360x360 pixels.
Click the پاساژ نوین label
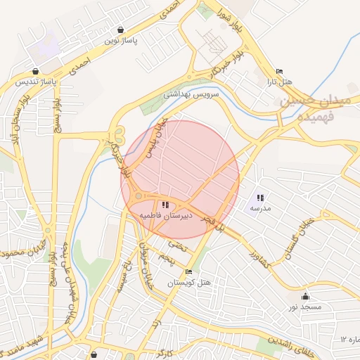tap(121, 41)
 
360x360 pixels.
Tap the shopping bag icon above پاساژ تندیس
tap(36, 71)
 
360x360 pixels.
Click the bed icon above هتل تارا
tap(279, 72)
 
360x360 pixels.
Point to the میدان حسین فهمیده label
tap(316, 106)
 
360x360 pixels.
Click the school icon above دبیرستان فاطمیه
tap(165, 205)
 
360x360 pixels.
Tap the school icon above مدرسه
tap(260, 198)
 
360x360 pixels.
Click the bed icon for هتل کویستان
tap(188, 272)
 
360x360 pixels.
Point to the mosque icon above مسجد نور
tap(305, 297)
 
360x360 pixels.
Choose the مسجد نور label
tap(305, 307)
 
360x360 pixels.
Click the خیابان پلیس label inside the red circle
tap(153, 138)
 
